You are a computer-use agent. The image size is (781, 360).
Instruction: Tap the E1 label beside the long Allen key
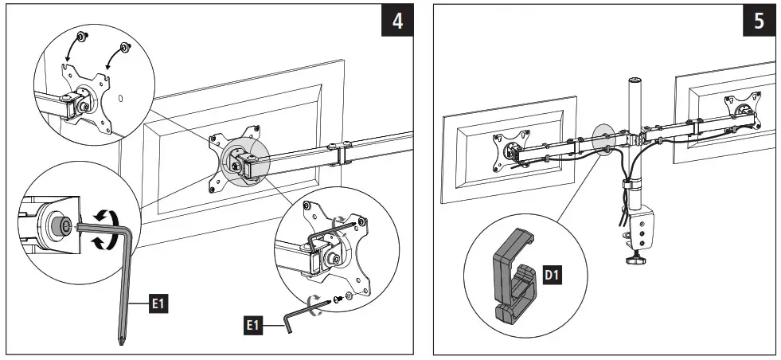coord(158,303)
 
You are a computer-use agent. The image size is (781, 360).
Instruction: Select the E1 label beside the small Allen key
coord(253,323)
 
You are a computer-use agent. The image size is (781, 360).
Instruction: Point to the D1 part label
coord(553,275)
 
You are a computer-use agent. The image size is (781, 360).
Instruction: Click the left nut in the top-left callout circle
coord(81,36)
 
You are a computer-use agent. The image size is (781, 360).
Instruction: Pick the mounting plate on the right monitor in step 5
coord(740,111)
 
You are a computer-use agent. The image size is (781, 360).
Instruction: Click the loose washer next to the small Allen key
coord(353,303)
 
